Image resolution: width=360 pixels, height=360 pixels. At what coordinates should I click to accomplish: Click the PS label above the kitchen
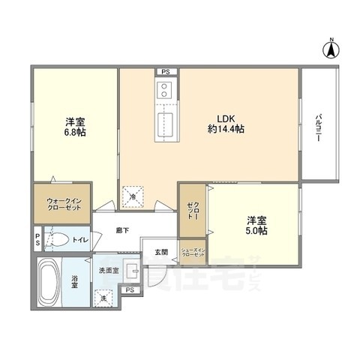click(164, 72)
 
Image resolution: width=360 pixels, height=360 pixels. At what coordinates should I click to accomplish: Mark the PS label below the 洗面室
click(130, 289)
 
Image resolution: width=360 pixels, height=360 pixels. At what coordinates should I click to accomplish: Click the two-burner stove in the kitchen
click(164, 92)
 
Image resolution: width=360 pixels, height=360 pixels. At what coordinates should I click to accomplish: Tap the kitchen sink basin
click(164, 124)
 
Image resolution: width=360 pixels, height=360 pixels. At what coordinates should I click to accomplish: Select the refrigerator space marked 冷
click(133, 196)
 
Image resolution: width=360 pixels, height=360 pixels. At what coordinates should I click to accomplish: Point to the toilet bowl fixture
click(58, 240)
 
